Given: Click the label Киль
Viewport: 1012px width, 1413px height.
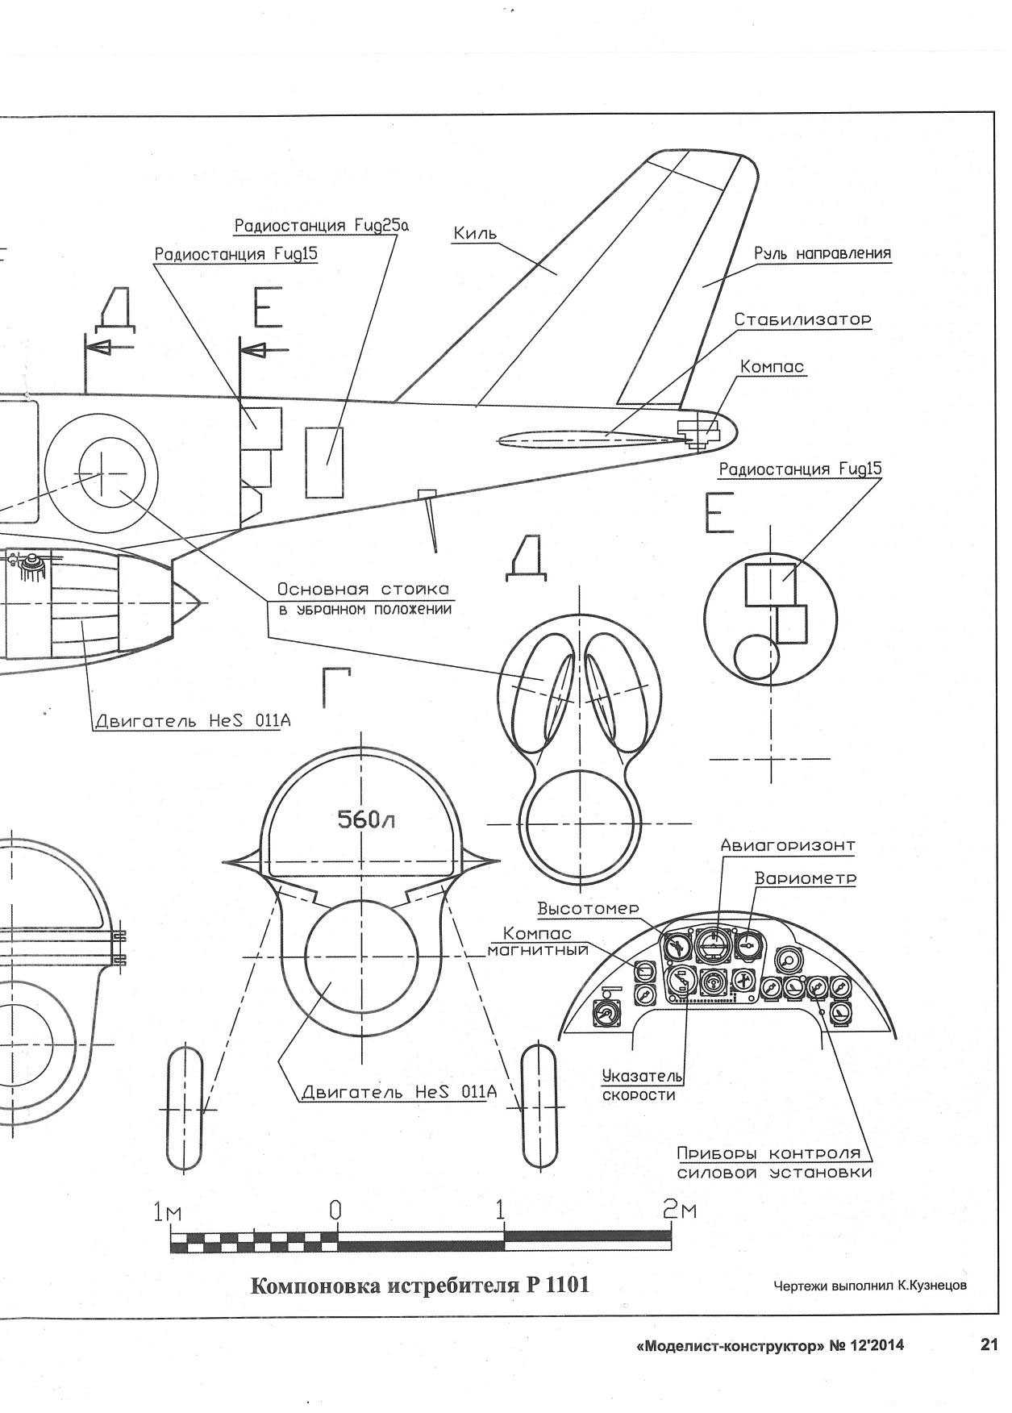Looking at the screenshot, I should tap(474, 234).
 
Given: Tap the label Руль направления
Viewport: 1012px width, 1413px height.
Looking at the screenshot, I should tap(823, 254).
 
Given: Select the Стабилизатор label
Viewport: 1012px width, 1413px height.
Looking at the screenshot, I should tap(802, 320).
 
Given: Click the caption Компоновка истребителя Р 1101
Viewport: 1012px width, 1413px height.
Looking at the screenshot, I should tap(420, 1284).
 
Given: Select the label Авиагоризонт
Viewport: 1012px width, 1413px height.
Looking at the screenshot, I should tap(787, 846).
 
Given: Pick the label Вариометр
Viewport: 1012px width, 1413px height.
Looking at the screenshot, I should tap(805, 877).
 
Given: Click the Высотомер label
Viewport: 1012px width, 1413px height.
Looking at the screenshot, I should tap(589, 909).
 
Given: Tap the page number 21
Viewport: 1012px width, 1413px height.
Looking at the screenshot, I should tap(989, 1344).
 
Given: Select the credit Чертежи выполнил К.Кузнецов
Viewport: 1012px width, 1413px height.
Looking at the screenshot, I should tap(869, 1286).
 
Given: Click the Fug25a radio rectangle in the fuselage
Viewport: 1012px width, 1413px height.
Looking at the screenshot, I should tap(324, 462).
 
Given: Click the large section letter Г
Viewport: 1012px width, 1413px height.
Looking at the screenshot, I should tap(337, 687).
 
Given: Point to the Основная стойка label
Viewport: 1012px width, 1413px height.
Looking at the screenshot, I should tap(363, 590).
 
